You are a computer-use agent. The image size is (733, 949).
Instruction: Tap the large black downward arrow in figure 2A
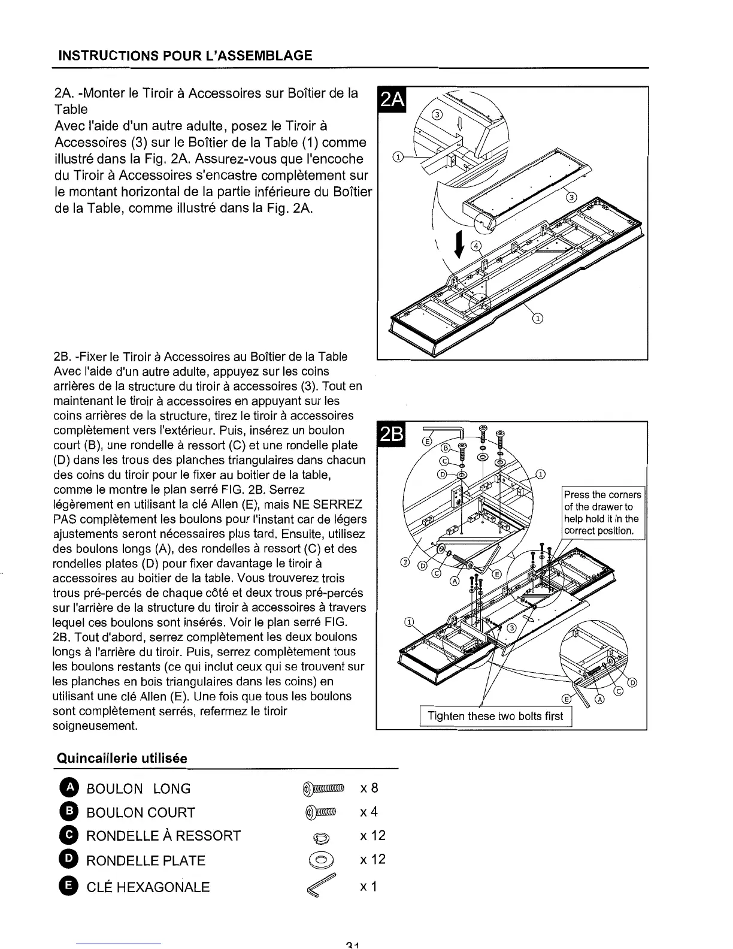[x=459, y=244]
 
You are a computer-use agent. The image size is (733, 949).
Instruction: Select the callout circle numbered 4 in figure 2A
[x=477, y=246]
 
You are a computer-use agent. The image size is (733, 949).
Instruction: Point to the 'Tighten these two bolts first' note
[x=495, y=717]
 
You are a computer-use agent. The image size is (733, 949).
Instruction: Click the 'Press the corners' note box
[x=602, y=513]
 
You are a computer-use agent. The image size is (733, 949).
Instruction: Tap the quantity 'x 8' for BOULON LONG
[x=369, y=788]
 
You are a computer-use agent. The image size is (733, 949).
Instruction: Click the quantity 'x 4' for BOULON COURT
[x=369, y=812]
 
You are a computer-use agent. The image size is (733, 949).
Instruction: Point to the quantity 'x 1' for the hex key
[x=369, y=886]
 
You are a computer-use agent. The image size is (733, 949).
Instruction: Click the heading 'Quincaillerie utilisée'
[x=122, y=758]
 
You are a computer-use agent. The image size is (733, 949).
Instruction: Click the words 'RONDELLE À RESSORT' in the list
[x=163, y=836]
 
